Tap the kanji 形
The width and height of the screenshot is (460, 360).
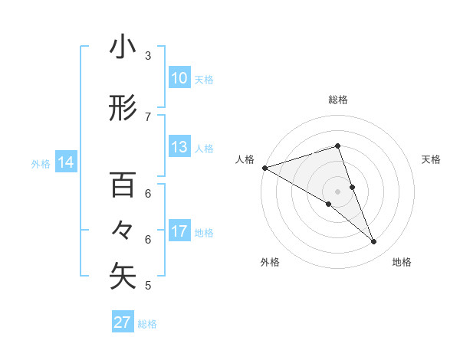123,109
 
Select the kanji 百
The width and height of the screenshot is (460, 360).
123,185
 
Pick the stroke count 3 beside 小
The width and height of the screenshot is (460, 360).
148,56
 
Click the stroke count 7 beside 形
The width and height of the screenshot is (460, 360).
148,116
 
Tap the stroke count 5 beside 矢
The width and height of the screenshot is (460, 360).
148,286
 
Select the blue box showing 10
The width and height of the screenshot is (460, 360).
179,78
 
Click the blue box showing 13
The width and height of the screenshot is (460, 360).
179,147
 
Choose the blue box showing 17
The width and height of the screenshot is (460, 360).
179,231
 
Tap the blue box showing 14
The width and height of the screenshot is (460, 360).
65,162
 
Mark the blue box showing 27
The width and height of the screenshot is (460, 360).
123,322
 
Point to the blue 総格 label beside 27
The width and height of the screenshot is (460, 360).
147,324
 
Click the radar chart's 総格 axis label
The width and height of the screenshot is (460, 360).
337,100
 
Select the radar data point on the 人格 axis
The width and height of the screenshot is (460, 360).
264,168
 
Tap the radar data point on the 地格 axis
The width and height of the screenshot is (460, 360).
374,242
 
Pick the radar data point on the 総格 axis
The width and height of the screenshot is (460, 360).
337,146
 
